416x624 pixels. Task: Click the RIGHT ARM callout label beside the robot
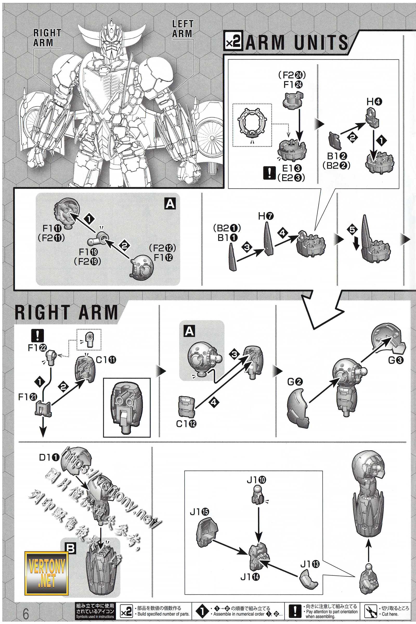point(47,38)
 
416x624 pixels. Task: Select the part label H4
point(374,102)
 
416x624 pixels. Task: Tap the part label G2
point(295,382)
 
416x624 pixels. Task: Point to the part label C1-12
point(186,424)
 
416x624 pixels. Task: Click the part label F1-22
point(37,348)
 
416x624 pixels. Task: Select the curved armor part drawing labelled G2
point(297,406)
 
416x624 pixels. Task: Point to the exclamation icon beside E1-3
point(269,173)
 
